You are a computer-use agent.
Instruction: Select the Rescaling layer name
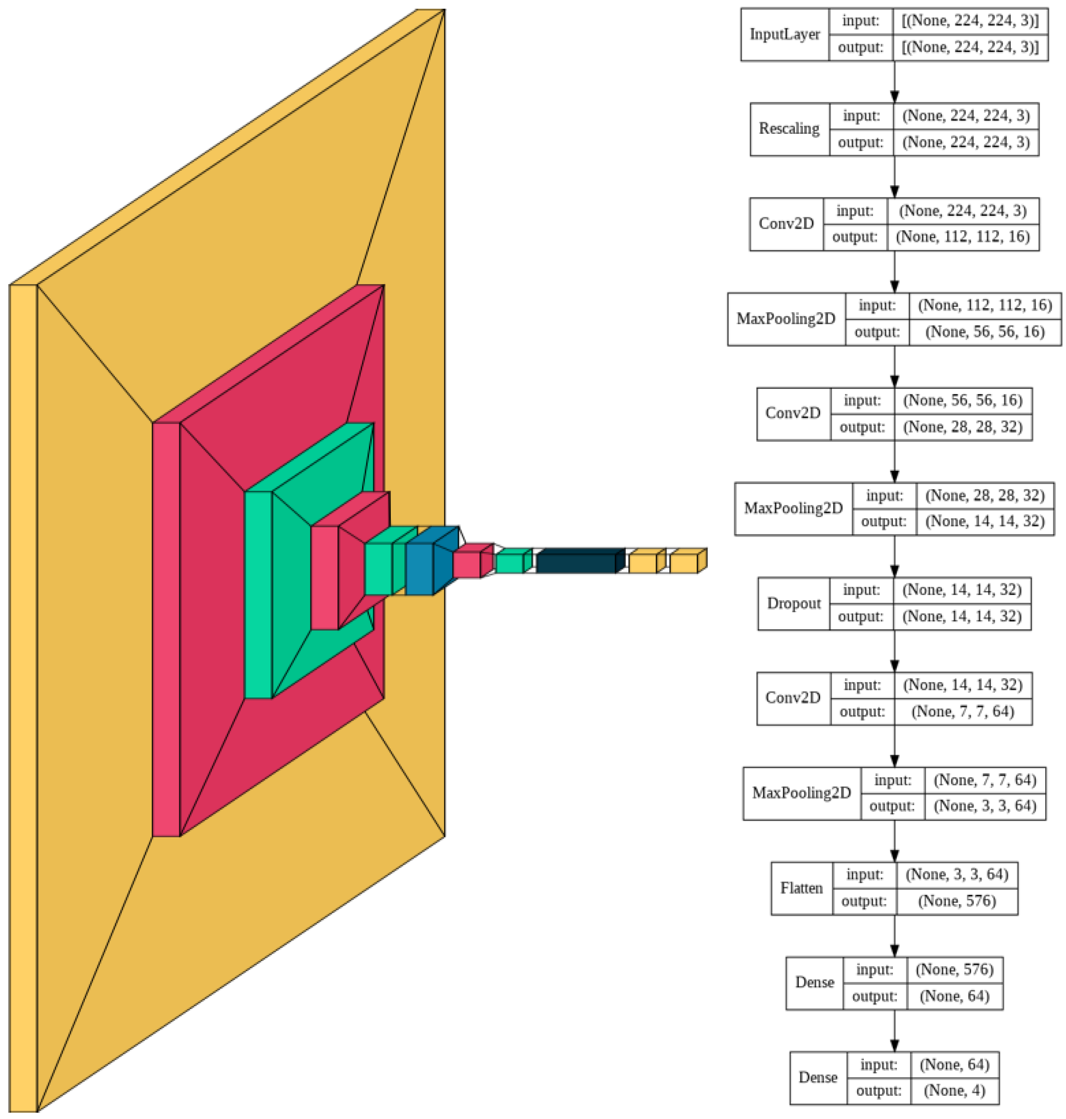[789, 129]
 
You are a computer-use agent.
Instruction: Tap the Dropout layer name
[793, 604]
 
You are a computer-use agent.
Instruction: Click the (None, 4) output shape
[954, 1090]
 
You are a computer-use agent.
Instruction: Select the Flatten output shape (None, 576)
[957, 901]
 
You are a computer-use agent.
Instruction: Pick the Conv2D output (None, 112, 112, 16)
[963, 237]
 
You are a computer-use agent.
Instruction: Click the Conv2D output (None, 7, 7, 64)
[963, 712]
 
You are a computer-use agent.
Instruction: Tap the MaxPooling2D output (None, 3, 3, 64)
[985, 806]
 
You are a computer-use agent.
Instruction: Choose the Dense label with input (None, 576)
[814, 983]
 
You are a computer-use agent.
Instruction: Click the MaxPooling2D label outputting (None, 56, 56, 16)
[786, 319]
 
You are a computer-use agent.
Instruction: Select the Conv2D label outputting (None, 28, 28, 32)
[793, 413]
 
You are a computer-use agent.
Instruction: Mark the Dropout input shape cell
[962, 590]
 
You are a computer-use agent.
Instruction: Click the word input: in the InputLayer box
[860, 21]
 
